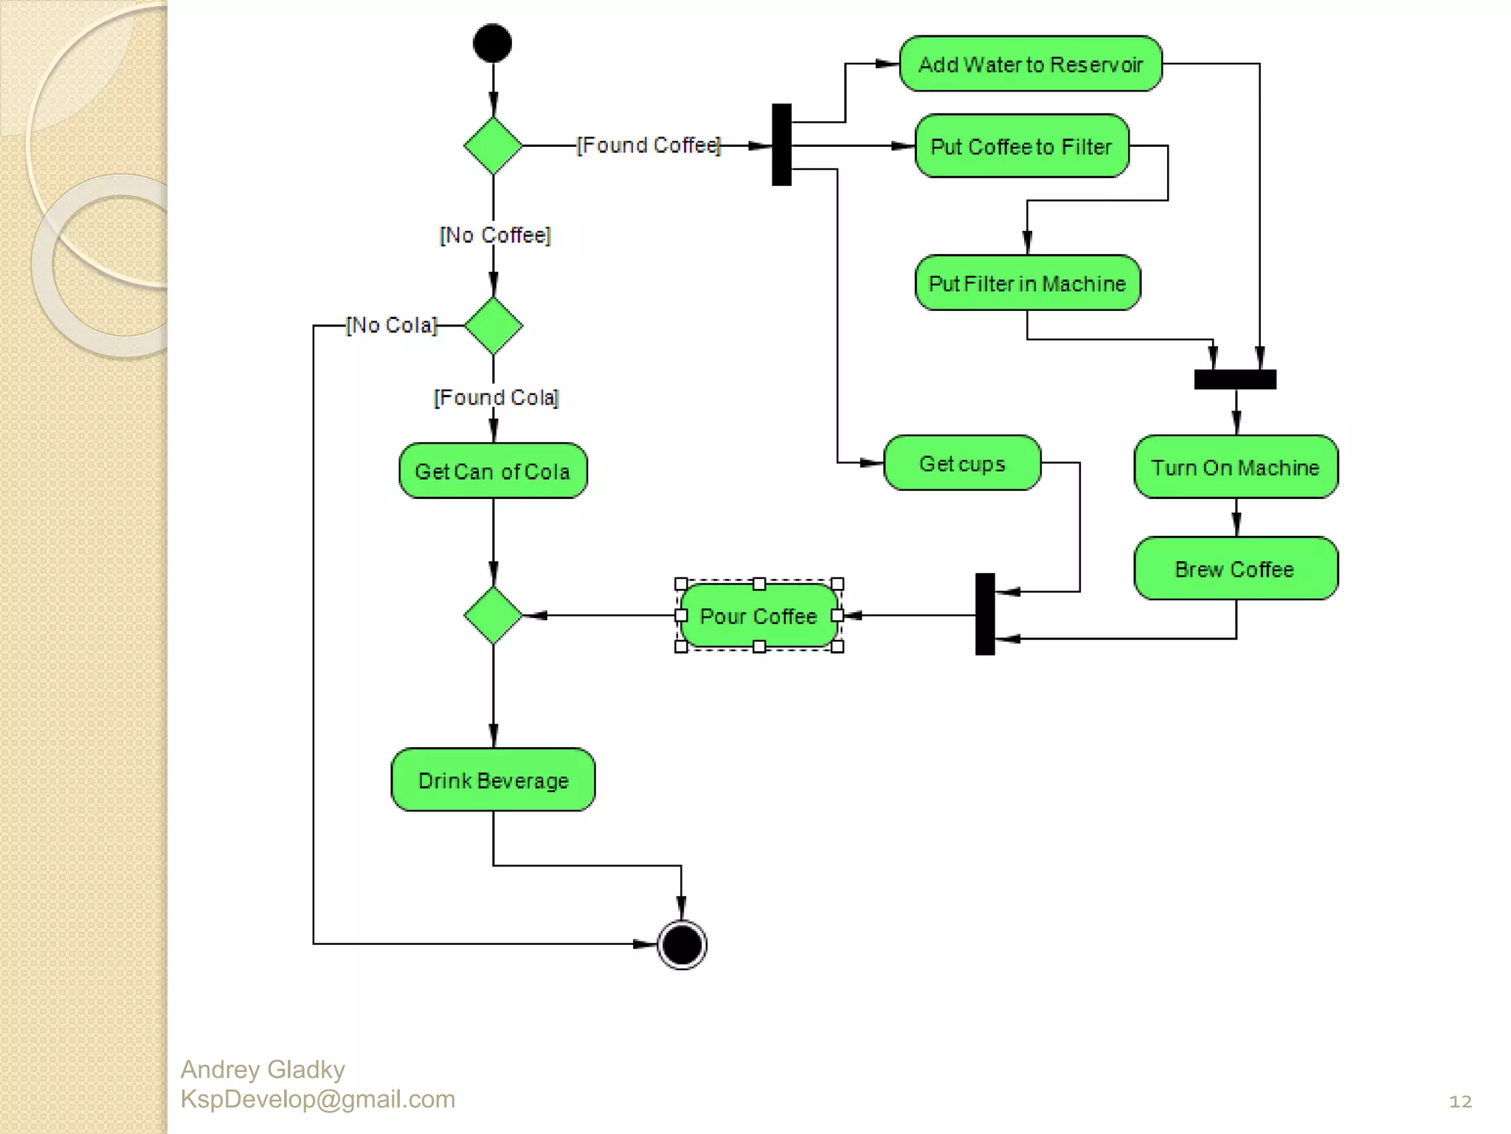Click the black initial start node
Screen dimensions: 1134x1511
492,43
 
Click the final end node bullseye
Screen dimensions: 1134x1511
682,944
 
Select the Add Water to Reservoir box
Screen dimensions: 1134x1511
1030,64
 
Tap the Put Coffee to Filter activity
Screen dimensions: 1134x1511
1021,146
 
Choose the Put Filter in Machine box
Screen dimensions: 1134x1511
1027,283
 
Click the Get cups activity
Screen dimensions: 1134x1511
962,464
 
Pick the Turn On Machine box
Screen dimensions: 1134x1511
1236,467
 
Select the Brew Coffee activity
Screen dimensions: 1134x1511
1236,568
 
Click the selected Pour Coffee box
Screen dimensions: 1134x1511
758,616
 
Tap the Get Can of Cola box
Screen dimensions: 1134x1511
493,471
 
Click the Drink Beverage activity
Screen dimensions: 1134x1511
493,780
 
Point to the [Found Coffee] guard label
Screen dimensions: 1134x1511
648,145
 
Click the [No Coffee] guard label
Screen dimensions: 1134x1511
495,236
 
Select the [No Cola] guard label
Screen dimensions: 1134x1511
392,326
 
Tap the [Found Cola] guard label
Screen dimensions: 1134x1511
497,398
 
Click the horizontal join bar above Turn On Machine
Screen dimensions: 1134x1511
1235,379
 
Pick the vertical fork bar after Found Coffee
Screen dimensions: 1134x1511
781,145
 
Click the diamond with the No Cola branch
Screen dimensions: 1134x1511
493,326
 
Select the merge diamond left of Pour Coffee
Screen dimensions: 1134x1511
493,615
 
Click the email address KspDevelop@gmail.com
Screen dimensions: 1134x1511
318,1099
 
